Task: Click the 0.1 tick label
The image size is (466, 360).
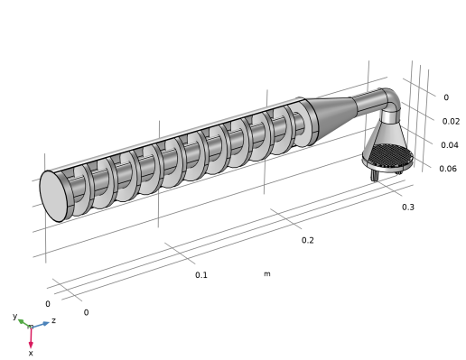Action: click(x=201, y=275)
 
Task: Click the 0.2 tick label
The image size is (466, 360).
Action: click(x=307, y=240)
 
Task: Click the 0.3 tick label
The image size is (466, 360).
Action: click(x=408, y=208)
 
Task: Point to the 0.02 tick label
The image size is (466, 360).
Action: click(x=451, y=122)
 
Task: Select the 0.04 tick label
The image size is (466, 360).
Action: click(x=450, y=145)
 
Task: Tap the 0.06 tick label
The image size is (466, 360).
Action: click(x=448, y=169)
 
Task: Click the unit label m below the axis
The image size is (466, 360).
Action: click(x=267, y=274)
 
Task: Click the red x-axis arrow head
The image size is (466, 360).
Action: click(x=31, y=345)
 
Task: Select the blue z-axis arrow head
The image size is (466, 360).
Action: click(x=46, y=324)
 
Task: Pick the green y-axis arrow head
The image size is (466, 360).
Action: click(x=22, y=322)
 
